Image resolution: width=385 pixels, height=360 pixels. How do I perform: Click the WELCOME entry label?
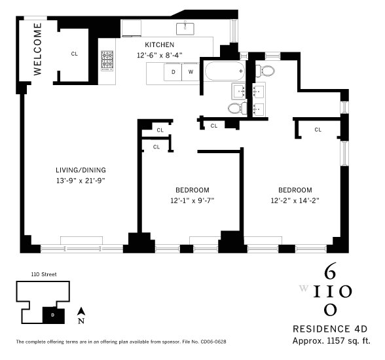click(x=37, y=49)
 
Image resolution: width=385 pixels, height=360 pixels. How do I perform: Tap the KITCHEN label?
click(x=160, y=45)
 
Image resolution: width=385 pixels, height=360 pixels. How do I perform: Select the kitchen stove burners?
click(x=107, y=61)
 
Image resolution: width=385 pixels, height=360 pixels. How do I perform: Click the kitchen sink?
click(x=185, y=28)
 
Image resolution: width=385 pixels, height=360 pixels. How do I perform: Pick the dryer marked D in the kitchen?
click(x=173, y=72)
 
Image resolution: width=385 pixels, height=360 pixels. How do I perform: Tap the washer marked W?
click(x=191, y=72)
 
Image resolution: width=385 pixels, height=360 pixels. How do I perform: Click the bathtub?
click(x=225, y=71)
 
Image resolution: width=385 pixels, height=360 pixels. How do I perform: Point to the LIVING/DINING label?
click(x=81, y=170)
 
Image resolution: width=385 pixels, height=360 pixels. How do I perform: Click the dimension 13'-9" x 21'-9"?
click(x=81, y=181)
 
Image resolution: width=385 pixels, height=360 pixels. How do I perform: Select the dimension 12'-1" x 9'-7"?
click(x=192, y=201)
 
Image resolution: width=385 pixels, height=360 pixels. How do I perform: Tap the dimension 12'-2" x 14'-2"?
click(x=295, y=201)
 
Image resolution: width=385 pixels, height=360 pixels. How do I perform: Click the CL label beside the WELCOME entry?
click(x=75, y=54)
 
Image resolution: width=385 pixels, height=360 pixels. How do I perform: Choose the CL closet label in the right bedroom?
click(x=318, y=130)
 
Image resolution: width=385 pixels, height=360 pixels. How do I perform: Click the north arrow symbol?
click(x=81, y=312)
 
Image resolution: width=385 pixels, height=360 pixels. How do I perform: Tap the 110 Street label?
click(x=44, y=274)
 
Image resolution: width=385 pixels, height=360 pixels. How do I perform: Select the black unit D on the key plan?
click(x=54, y=315)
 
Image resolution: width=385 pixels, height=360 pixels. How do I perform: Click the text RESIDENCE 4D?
click(x=330, y=329)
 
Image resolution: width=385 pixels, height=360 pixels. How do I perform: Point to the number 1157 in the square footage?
click(x=336, y=341)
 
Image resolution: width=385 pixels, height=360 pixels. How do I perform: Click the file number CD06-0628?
click(x=213, y=342)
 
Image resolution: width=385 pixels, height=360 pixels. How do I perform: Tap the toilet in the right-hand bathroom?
click(x=265, y=71)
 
